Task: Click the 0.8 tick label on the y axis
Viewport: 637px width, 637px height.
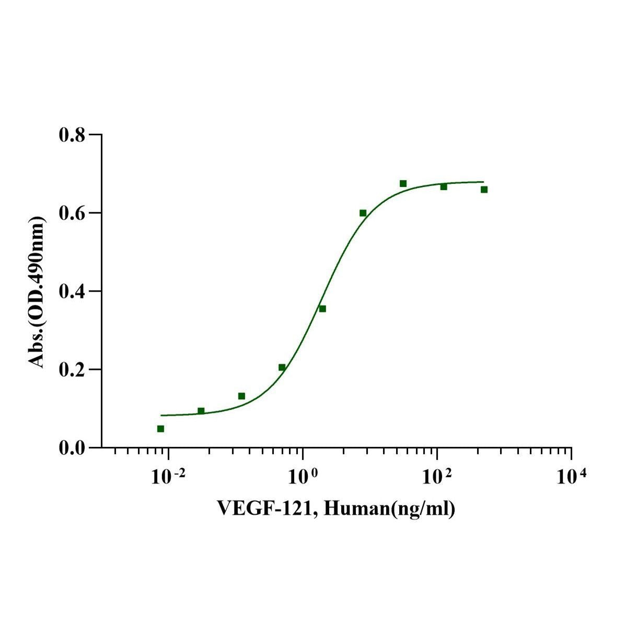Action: pyautogui.click(x=71, y=135)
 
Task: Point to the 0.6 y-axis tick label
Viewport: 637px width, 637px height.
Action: pyautogui.click(x=71, y=213)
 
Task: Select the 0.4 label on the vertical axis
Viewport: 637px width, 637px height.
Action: pyautogui.click(x=71, y=291)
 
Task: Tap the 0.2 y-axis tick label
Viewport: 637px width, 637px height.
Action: pyautogui.click(x=71, y=369)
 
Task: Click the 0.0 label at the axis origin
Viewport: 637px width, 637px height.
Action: pyautogui.click(x=71, y=448)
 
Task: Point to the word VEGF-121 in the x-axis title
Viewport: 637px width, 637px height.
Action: pyautogui.click(x=266, y=507)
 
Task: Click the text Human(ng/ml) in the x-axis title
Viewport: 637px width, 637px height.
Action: pyautogui.click(x=389, y=507)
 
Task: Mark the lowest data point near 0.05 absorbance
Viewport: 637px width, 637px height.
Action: pyautogui.click(x=160, y=428)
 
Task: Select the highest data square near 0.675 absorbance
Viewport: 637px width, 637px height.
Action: pyautogui.click(x=403, y=183)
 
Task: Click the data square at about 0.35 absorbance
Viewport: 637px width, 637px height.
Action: pyautogui.click(x=322, y=309)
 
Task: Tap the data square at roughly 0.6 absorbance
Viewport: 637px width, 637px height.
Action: pyautogui.click(x=363, y=213)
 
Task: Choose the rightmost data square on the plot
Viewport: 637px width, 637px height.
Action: pyautogui.click(x=484, y=189)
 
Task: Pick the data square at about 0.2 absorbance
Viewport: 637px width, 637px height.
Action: pyautogui.click(x=282, y=367)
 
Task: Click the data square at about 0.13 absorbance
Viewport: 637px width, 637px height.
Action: pyautogui.click(x=241, y=396)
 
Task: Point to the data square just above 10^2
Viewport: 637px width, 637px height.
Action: pyautogui.click(x=444, y=187)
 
